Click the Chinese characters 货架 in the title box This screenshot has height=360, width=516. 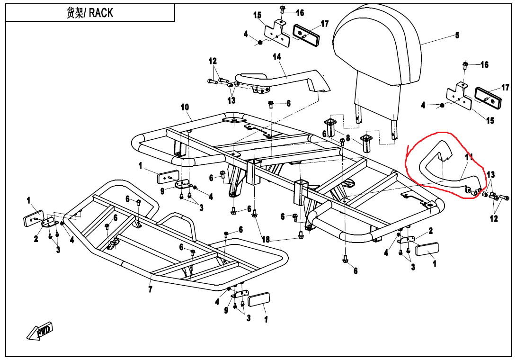tap(75, 13)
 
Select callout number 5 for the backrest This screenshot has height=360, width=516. tap(457, 35)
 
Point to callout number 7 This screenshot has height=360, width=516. tap(150, 289)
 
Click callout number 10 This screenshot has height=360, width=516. tap(185, 107)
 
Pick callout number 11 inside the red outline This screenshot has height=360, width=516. tap(469, 157)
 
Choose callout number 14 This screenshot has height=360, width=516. tap(277, 57)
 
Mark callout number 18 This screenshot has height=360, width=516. tap(266, 240)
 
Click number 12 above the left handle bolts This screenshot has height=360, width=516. tap(213, 61)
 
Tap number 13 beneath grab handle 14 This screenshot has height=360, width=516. tap(231, 100)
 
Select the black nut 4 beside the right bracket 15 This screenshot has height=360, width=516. tap(442, 105)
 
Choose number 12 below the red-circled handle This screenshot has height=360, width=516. tap(494, 219)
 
